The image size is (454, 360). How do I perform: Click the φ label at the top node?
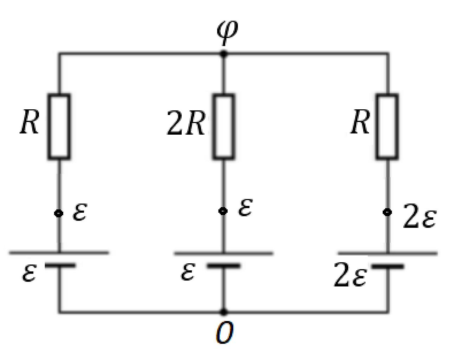227,33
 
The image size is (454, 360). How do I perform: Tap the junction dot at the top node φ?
223,54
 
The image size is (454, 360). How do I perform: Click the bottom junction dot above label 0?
223,312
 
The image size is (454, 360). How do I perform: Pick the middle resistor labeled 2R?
223,127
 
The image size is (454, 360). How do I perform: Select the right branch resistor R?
388,127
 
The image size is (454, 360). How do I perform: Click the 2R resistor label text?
186,123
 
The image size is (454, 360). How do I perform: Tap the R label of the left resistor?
30,122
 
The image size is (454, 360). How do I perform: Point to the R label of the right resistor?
360,122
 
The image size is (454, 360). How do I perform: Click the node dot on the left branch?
59,213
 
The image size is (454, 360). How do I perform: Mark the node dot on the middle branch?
223,211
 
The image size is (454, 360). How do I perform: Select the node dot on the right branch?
387,212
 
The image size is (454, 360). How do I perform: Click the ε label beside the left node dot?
80,212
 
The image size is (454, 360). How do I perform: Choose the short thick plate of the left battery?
60,265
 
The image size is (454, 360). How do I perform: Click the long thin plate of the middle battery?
223,253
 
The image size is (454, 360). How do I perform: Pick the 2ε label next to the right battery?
350,275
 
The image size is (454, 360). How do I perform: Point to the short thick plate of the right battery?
388,266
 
